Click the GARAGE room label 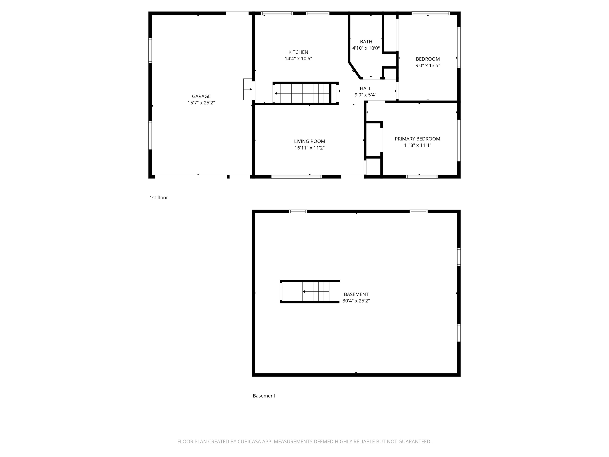pos(201,96)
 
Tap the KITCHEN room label pos(298,52)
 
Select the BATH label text pos(366,42)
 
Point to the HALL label pos(365,88)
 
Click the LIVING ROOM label pos(309,141)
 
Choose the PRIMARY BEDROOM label pos(417,139)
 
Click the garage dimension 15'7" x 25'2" pos(201,103)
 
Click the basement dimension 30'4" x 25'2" pos(356,301)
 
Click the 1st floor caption pos(159,198)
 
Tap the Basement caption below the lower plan pos(264,396)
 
